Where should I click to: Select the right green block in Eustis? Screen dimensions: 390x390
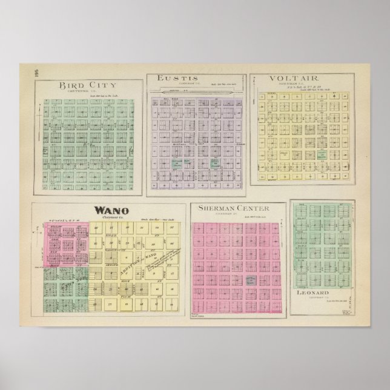pyautogui.click(x=214, y=163)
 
